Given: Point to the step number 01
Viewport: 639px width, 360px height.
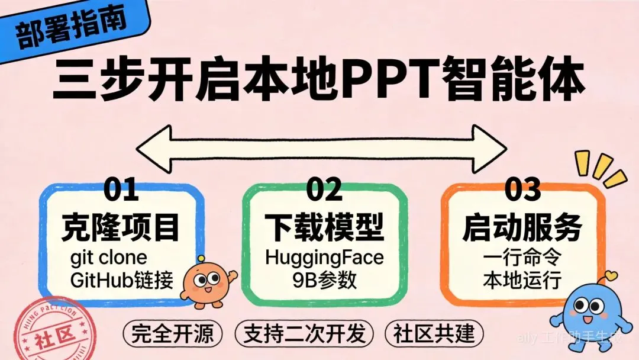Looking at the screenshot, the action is point(121,189).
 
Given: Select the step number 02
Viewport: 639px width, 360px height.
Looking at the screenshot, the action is point(324,189).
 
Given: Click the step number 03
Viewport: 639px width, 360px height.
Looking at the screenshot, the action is point(523,189).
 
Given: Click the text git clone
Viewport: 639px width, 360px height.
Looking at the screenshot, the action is point(108,259).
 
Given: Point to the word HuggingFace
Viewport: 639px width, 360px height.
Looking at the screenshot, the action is point(324,258).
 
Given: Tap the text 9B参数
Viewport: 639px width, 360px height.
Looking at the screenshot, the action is point(324,279).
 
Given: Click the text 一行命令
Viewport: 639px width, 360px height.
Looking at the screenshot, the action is point(521,258).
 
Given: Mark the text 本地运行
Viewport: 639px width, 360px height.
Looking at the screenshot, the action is point(521,279).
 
